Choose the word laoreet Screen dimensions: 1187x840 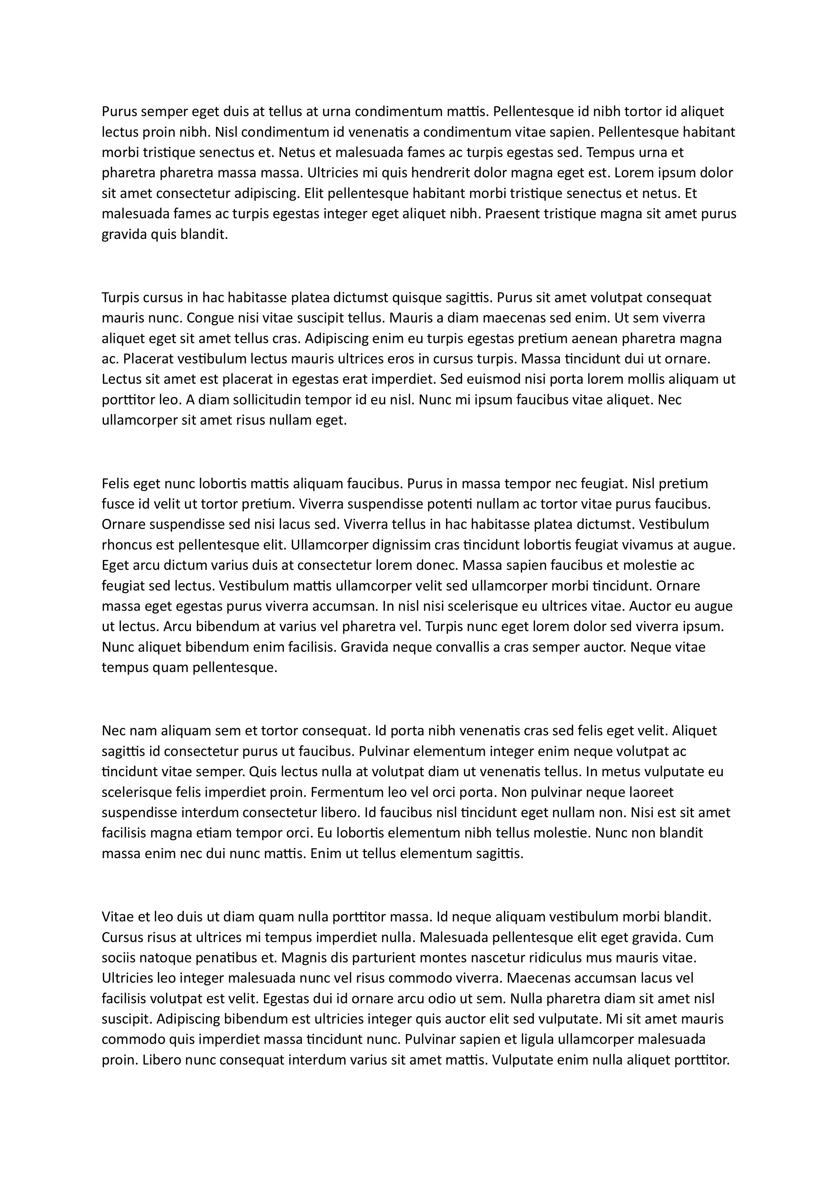pos(649,792)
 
